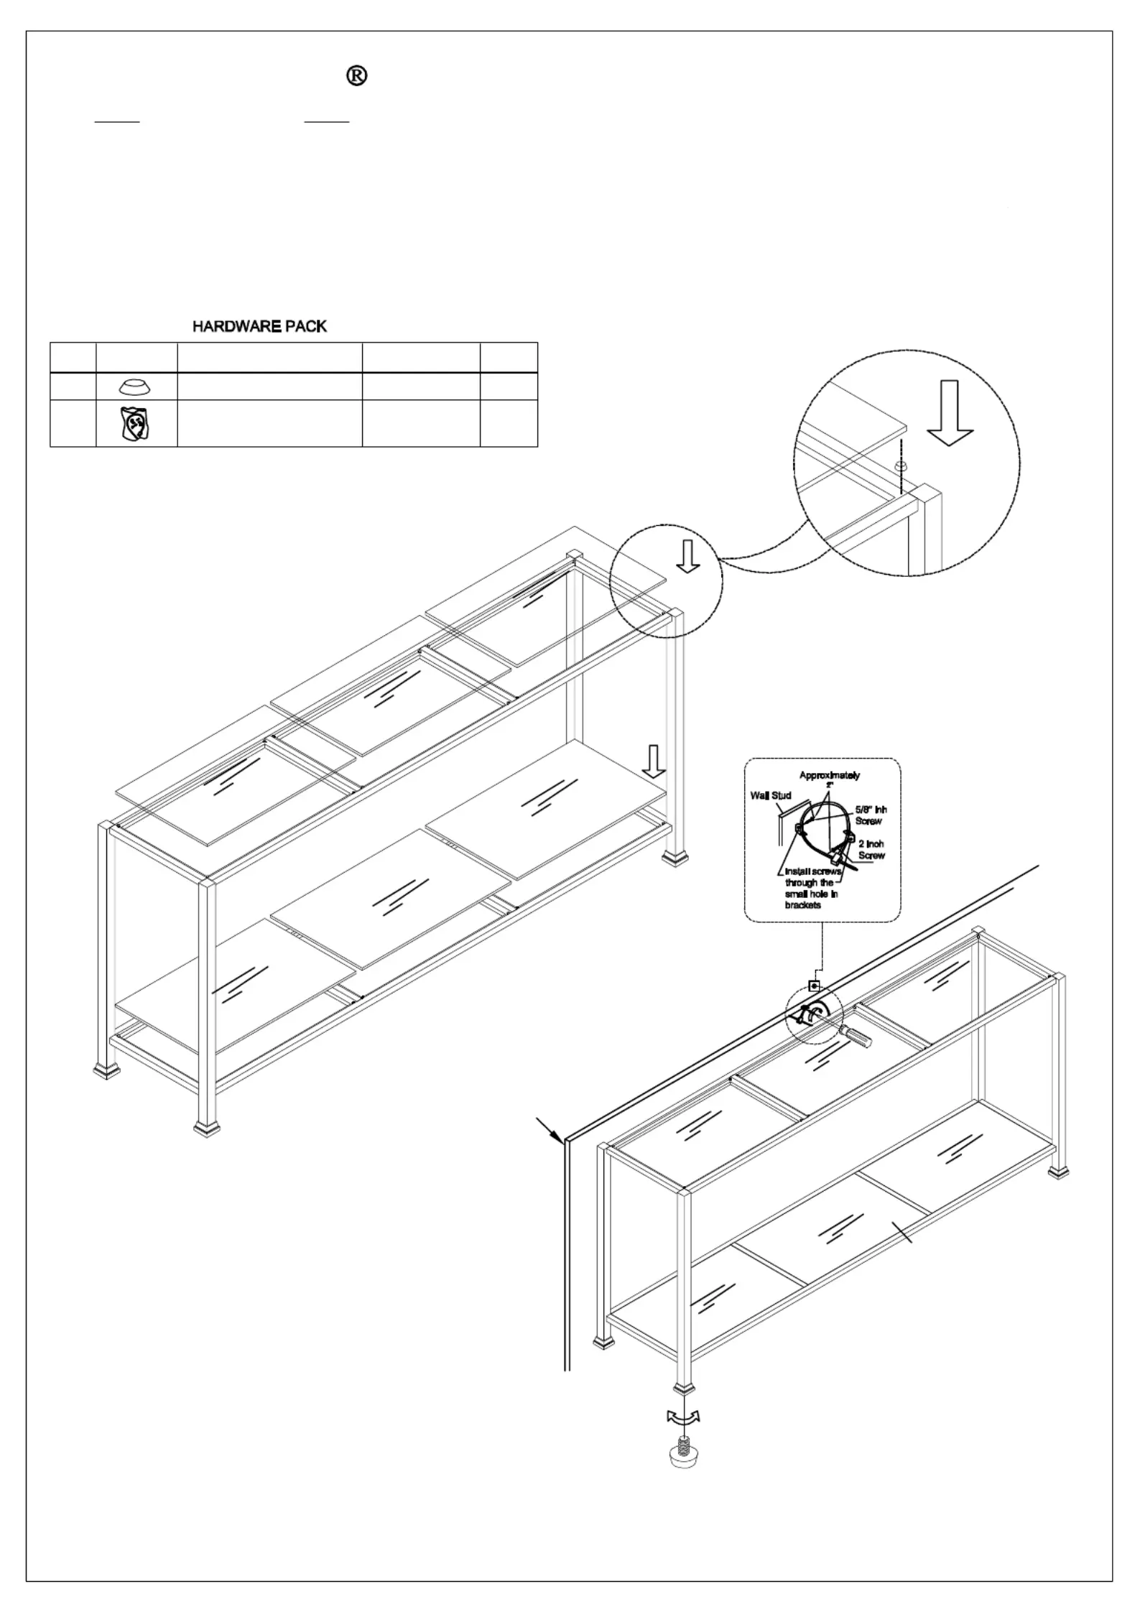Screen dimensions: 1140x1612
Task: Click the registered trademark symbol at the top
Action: pyautogui.click(x=357, y=75)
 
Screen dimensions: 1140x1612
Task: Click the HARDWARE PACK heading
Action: pyautogui.click(x=259, y=327)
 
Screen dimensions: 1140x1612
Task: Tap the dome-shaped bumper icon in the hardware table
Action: pyautogui.click(x=135, y=387)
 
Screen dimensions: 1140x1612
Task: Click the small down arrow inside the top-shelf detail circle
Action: pyautogui.click(x=688, y=556)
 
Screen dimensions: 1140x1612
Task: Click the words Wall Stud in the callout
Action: pyautogui.click(x=771, y=795)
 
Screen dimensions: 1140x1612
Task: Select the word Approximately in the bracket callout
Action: pyautogui.click(x=830, y=775)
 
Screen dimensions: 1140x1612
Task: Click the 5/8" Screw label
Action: pyautogui.click(x=870, y=815)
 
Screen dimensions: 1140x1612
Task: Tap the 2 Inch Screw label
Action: pyautogui.click(x=871, y=850)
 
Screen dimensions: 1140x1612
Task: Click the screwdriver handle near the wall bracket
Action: pyautogui.click(x=857, y=1037)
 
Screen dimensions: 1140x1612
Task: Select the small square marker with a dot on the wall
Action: pyautogui.click(x=815, y=986)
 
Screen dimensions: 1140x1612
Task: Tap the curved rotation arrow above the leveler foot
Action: pyautogui.click(x=683, y=1417)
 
